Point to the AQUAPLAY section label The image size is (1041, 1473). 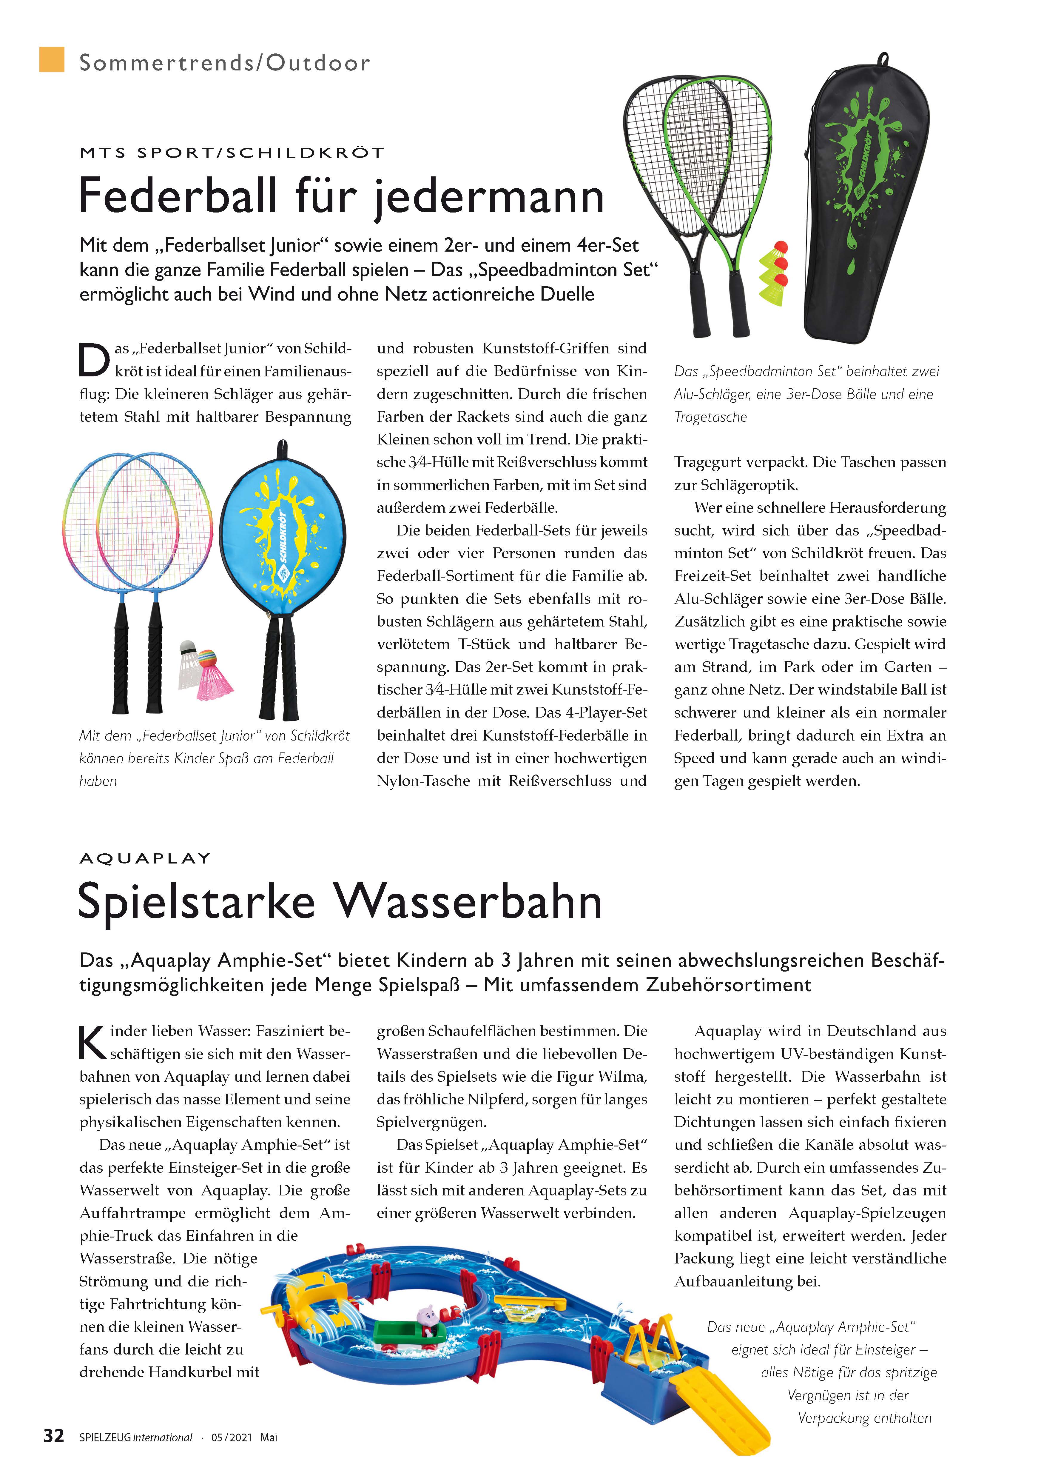coord(145,858)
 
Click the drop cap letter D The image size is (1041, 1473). coord(93,361)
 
